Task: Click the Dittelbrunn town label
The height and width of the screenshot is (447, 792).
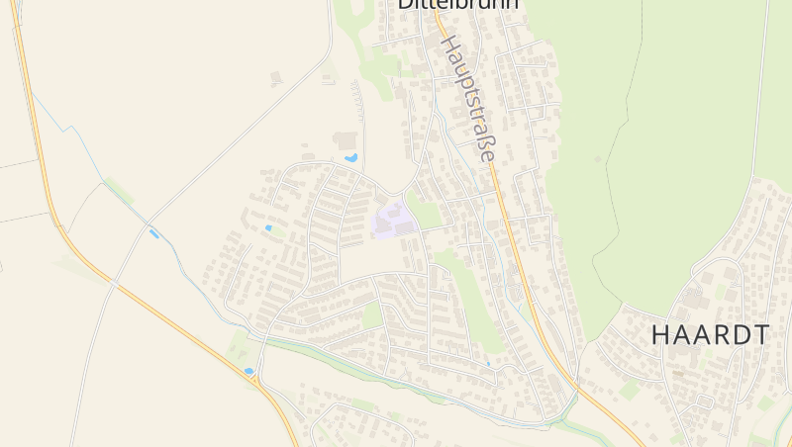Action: pos(457,4)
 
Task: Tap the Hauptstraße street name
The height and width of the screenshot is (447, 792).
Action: pos(467,99)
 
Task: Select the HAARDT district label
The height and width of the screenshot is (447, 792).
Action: pos(710,335)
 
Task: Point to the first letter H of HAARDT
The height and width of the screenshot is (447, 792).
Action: pos(660,335)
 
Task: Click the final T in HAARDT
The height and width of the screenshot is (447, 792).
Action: pos(760,335)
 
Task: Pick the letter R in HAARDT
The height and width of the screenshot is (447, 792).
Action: pos(721,335)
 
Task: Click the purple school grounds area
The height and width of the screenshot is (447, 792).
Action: pos(393,221)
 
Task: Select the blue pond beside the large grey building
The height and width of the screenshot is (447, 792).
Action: pos(350,157)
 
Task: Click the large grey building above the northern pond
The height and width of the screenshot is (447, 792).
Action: pos(346,140)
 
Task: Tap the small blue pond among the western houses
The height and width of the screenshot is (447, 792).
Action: pos(268,228)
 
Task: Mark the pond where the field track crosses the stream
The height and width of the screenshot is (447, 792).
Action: pos(152,233)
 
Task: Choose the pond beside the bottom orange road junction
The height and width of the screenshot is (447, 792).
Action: pos(248,372)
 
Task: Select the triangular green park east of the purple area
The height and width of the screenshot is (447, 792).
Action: pos(424,214)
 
